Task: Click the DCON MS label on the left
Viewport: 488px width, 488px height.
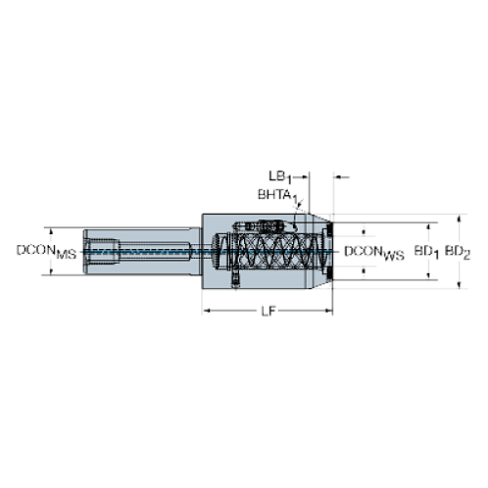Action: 46,251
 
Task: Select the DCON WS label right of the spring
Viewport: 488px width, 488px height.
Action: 371,251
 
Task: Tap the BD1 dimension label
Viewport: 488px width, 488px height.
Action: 425,251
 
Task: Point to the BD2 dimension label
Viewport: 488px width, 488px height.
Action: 458,251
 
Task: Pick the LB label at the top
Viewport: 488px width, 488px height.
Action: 281,176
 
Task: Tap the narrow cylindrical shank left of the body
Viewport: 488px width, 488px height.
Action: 149,252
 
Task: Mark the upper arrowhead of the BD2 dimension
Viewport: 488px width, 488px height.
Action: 458,217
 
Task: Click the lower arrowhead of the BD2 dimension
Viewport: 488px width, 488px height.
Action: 458,287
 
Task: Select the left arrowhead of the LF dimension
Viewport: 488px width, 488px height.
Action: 206,312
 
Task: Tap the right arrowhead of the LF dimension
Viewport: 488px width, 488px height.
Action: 331,312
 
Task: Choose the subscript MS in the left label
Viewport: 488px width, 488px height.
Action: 66,255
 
